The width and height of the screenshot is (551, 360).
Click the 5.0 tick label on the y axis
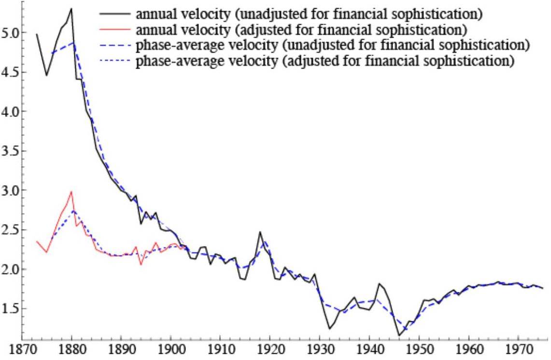(x=9, y=33)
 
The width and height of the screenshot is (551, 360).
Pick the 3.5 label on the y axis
(x=9, y=151)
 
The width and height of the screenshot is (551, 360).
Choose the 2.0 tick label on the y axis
(x=9, y=269)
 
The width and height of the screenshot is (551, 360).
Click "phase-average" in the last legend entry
(x=169, y=62)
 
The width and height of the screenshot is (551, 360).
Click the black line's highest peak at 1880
(x=71, y=9)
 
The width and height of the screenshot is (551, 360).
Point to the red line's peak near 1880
(x=71, y=192)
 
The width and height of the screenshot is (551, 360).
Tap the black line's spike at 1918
(x=260, y=232)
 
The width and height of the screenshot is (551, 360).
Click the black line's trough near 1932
(x=329, y=329)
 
